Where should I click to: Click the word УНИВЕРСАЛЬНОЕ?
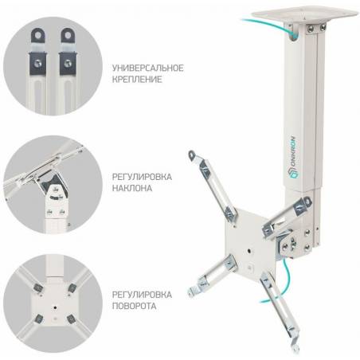tap(147, 68)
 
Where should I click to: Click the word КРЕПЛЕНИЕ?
tap(137, 79)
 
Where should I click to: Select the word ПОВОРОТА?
tap(134, 306)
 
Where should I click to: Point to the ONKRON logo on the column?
tap(293, 157)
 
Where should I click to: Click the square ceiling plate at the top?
tap(305, 15)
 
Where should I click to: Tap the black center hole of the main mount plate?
tap(249, 250)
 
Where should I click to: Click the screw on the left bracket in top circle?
tap(37, 63)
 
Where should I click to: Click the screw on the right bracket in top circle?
tap(68, 63)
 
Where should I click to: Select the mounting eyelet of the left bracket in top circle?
tap(38, 35)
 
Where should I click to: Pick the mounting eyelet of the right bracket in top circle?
tap(68, 35)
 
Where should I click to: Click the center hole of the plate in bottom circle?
tap(55, 307)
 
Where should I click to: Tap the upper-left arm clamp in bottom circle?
tap(38, 288)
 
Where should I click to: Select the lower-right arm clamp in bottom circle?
tap(71, 319)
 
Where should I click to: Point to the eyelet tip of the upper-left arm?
tap(191, 155)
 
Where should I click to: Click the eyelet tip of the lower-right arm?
tap(295, 348)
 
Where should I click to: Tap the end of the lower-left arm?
tap(192, 292)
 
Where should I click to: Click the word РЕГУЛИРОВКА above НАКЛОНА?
tap(142, 177)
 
